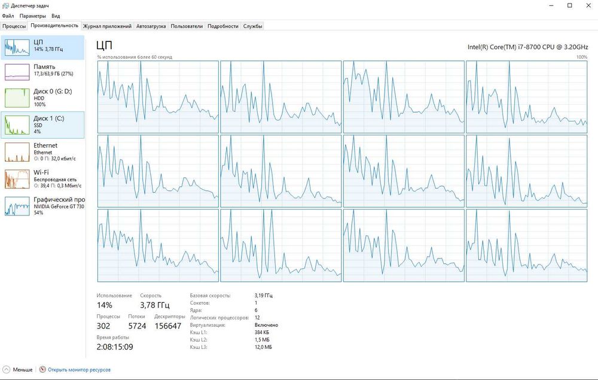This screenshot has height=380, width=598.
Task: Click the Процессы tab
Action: [x=14, y=26]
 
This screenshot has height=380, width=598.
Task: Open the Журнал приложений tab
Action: [x=107, y=26]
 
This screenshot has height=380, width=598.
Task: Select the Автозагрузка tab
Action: [x=151, y=26]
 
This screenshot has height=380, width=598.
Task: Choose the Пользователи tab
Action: [x=187, y=26]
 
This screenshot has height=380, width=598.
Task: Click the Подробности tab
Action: [x=222, y=26]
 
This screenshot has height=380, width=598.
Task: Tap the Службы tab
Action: [x=252, y=26]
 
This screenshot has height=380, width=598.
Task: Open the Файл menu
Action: [x=8, y=16]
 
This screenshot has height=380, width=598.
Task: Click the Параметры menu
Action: [x=32, y=16]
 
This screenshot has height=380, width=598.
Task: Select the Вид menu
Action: [x=56, y=16]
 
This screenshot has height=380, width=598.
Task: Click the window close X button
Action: [x=588, y=6]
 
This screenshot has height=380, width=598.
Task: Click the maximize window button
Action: [x=570, y=6]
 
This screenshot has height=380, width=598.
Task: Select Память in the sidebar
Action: [x=42, y=72]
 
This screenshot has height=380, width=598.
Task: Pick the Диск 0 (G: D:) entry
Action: [x=42, y=98]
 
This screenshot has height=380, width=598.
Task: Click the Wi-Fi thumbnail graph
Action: [x=17, y=180]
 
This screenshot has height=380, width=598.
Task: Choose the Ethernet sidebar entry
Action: [x=42, y=151]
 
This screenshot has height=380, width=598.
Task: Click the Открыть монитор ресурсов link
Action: [x=79, y=370]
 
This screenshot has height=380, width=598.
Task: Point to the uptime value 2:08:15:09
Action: [x=115, y=347]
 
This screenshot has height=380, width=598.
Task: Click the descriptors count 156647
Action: [x=168, y=326]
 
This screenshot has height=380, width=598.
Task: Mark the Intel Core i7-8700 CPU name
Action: [x=528, y=47]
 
